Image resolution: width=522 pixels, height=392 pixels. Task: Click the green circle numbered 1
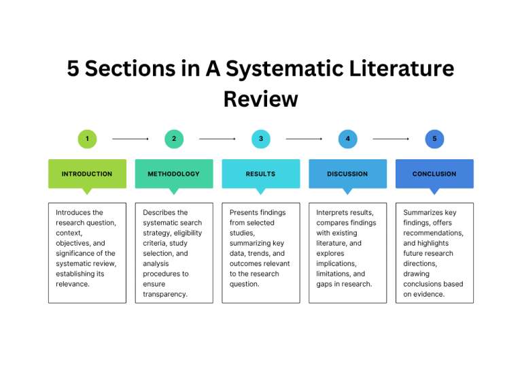pyautogui.click(x=87, y=139)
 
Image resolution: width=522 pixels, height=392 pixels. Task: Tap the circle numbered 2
pyautogui.click(x=174, y=139)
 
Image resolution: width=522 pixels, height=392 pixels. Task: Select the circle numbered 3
pyautogui.click(x=261, y=139)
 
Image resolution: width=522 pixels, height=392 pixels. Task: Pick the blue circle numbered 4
pyautogui.click(x=348, y=139)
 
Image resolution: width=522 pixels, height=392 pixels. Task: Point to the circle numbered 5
pyautogui.click(x=435, y=139)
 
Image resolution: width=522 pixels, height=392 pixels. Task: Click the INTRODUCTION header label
pyautogui.click(x=87, y=174)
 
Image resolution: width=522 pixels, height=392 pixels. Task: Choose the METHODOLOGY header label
pyautogui.click(x=174, y=174)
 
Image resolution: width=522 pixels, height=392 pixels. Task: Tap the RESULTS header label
pyautogui.click(x=261, y=174)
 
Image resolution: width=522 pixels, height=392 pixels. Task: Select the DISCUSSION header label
pyautogui.click(x=347, y=174)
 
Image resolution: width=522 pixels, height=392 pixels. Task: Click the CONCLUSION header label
pyautogui.click(x=434, y=174)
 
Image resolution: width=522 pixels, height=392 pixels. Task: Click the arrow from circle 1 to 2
pyautogui.click(x=130, y=139)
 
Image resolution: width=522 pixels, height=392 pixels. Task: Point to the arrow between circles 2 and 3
pyautogui.click(x=217, y=139)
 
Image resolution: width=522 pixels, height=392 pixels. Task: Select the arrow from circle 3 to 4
pyautogui.click(x=304, y=139)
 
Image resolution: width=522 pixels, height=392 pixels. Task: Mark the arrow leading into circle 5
pyautogui.click(x=391, y=139)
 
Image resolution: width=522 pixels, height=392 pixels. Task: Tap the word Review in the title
pyautogui.click(x=261, y=99)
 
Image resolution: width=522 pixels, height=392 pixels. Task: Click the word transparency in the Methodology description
pyautogui.click(x=165, y=295)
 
